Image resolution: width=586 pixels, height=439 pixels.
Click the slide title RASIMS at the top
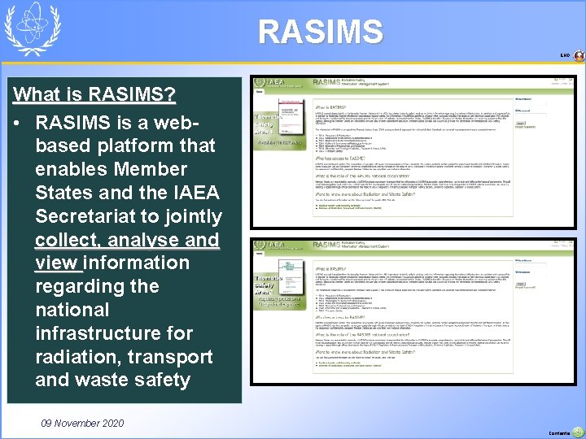[x=320, y=32]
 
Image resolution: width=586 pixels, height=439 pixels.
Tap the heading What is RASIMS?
[x=94, y=94]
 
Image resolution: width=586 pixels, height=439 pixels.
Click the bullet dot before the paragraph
[x=18, y=123]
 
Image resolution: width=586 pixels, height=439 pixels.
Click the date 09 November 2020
[x=81, y=424]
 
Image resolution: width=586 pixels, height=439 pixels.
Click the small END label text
[x=564, y=56]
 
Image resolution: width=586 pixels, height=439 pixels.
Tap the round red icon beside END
[x=579, y=56]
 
